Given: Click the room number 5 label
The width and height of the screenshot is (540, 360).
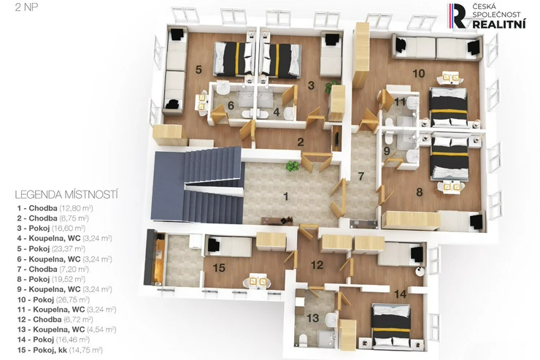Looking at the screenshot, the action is [198, 69].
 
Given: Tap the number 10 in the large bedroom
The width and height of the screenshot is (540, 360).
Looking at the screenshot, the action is [418, 73].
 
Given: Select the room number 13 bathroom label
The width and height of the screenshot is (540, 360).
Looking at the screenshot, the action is [313, 318].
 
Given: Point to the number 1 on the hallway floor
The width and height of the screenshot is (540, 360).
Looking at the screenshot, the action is [285, 196].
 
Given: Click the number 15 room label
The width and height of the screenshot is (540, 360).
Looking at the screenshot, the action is [219, 268].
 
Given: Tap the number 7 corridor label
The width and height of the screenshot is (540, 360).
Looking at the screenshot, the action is [361, 177].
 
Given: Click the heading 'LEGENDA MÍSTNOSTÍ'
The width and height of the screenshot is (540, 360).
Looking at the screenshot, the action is [66, 195].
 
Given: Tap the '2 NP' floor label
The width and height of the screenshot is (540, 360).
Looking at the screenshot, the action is [26, 7].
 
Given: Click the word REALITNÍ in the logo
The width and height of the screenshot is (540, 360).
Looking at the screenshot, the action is [499, 24].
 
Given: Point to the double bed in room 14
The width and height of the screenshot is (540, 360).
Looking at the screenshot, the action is [392, 326].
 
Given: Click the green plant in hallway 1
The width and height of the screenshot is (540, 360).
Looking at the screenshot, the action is [292, 166].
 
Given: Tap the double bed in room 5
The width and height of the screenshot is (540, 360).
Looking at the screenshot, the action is [234, 58].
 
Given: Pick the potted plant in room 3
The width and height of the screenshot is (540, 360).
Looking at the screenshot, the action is [332, 86].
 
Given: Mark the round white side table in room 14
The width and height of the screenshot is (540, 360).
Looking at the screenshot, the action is [420, 272].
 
